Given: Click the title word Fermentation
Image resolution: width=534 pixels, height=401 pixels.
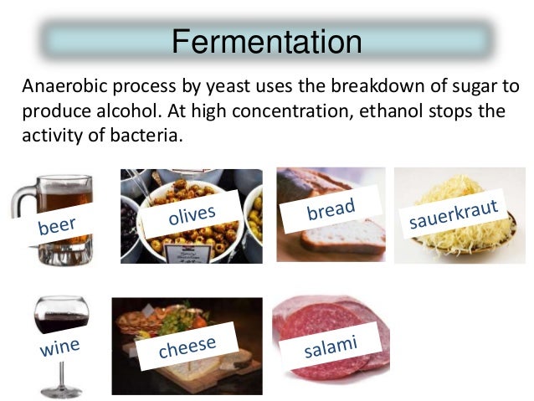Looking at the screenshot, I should pos(267,41).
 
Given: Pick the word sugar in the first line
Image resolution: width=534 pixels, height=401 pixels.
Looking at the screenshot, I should pos(463,87).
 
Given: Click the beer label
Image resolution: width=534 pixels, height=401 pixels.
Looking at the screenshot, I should pos(57,224).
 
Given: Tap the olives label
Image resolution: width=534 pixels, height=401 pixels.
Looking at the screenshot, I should pos(192,216).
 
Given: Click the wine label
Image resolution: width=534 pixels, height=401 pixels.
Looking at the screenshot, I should pos(59,345).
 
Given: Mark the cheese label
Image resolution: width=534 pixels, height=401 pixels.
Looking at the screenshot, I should pos(187,345).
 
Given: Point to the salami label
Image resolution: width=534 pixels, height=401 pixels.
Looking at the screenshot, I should pos(332,345).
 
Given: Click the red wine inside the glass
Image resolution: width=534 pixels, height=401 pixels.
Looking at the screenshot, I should pos(60,322).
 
